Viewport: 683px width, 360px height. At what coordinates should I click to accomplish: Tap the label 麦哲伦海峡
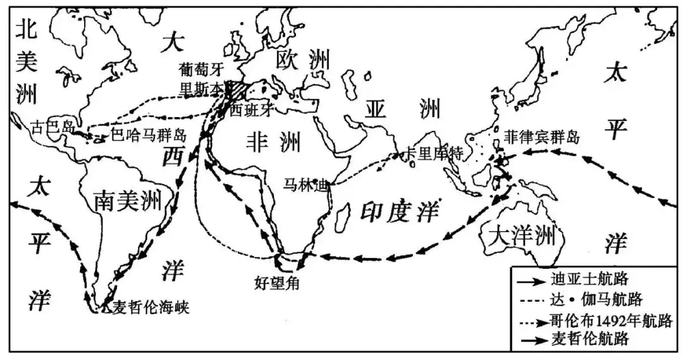click(150, 308)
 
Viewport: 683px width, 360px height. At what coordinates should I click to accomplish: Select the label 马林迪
click(306, 186)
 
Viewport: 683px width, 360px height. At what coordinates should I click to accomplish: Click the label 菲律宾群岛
click(541, 135)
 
